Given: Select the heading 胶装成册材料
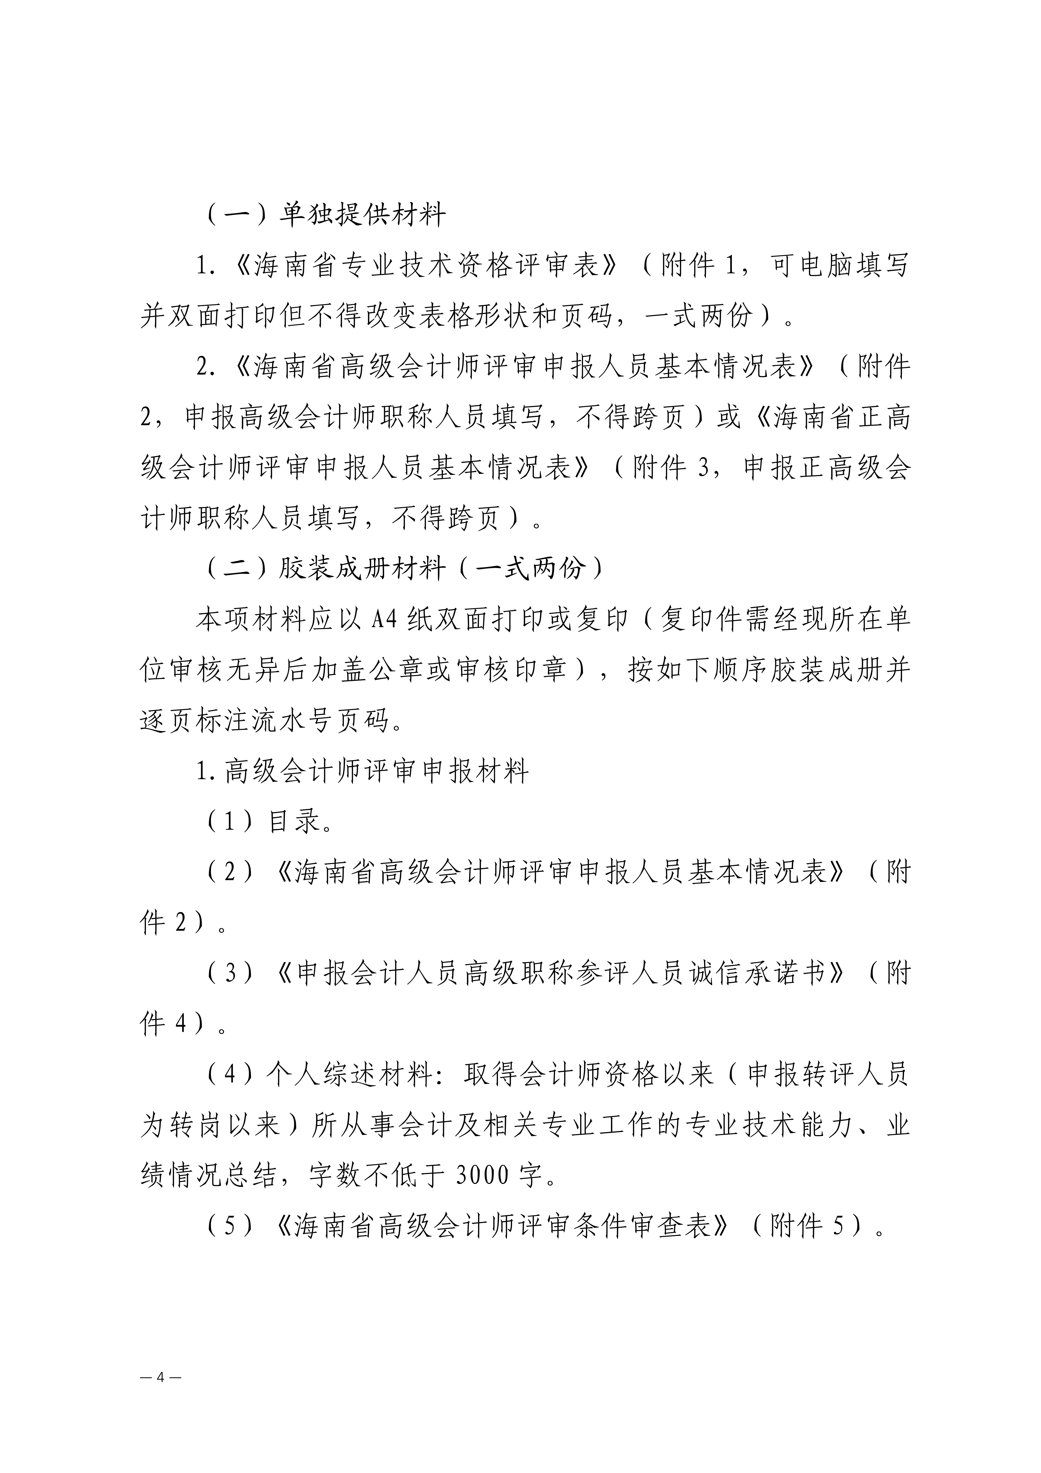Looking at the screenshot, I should pos(362,568).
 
